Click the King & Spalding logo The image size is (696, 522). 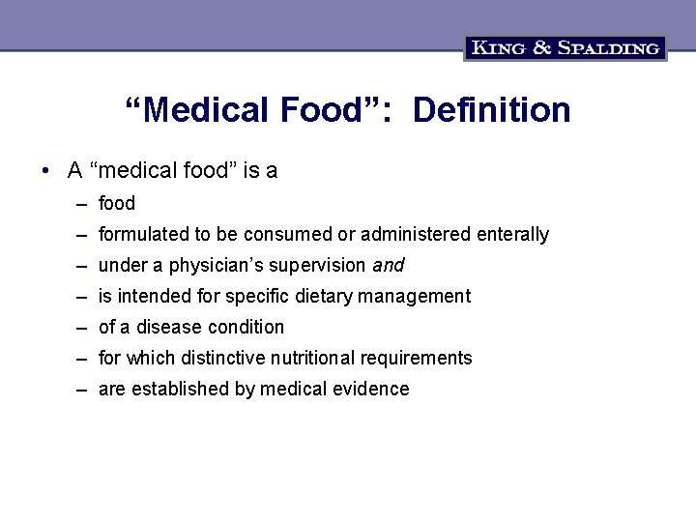tap(565, 47)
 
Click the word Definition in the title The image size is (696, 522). tap(491, 110)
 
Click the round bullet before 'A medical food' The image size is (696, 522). tap(45, 171)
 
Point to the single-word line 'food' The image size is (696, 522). tap(117, 203)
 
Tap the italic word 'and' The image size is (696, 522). tap(388, 265)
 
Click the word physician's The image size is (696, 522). tap(215, 265)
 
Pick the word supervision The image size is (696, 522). tap(318, 265)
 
